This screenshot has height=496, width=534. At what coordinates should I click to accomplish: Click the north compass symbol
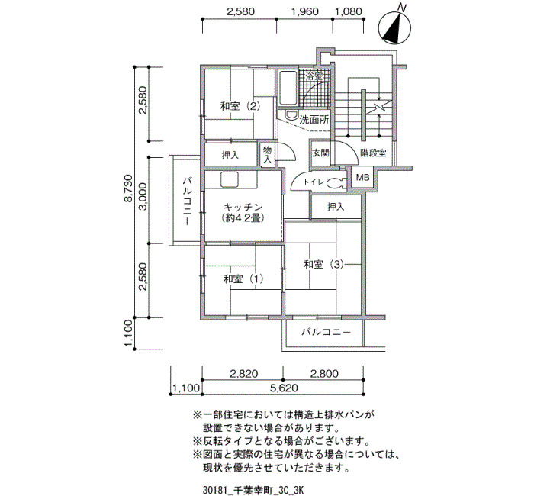tap(395, 28)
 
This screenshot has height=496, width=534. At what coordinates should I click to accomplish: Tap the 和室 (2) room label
tap(240, 107)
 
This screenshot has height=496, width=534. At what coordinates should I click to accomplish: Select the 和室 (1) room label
tap(243, 279)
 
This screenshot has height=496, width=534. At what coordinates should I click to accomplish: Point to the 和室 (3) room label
tap(324, 264)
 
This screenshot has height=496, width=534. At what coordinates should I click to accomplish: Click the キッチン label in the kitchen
tap(243, 207)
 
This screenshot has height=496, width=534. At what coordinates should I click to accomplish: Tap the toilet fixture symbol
tap(336, 184)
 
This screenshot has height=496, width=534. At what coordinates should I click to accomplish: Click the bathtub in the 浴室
tap(288, 88)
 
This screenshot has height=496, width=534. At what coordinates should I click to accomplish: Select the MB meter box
tap(362, 178)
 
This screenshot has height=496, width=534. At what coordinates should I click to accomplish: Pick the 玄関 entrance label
tap(320, 153)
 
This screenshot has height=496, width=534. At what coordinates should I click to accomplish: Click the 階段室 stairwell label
tap(373, 153)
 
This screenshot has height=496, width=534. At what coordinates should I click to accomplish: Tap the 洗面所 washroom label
tap(314, 120)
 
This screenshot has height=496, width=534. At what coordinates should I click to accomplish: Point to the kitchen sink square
tap(230, 179)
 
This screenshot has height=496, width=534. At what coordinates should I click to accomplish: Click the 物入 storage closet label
tap(267, 154)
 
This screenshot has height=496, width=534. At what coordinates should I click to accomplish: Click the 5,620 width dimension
tap(283, 388)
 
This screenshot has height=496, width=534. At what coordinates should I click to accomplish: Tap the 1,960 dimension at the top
tap(305, 11)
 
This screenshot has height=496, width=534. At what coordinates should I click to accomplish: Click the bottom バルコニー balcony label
tap(326, 332)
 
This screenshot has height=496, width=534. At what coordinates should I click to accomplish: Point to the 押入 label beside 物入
tap(230, 156)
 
